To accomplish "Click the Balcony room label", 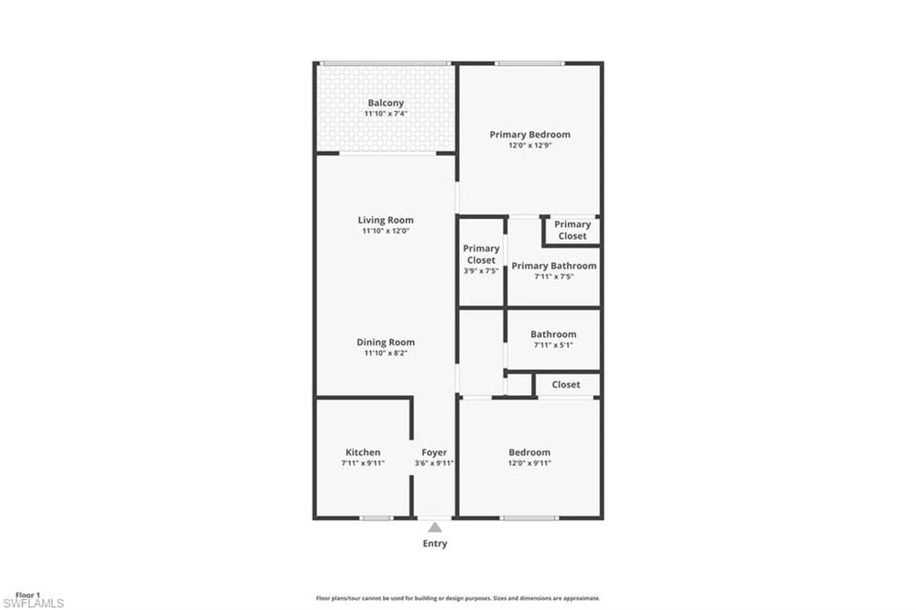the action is click(x=386, y=103).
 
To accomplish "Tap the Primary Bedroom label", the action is click(x=529, y=135).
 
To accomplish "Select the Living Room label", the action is click(x=386, y=220).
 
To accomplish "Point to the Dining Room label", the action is click(x=386, y=343).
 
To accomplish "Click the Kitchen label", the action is click(x=363, y=452).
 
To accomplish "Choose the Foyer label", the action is click(x=434, y=452).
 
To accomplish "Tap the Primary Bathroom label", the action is click(x=554, y=266).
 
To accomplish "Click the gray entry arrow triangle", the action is click(x=434, y=528).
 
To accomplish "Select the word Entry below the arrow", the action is click(x=434, y=543).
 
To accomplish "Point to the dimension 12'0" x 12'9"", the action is click(x=529, y=146).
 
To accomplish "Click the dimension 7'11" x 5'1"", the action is click(x=553, y=345).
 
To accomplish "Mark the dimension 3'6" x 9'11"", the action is click(x=434, y=463).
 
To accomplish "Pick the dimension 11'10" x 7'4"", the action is click(x=386, y=114).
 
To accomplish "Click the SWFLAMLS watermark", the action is click(x=33, y=604).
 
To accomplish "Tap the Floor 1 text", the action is click(x=28, y=595).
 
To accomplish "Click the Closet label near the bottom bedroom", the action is click(x=565, y=385).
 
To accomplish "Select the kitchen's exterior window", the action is click(x=376, y=517).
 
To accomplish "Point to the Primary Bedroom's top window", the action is click(x=529, y=63).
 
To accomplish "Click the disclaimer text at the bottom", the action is click(x=458, y=598).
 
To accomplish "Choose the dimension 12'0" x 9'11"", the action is click(x=529, y=463).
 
